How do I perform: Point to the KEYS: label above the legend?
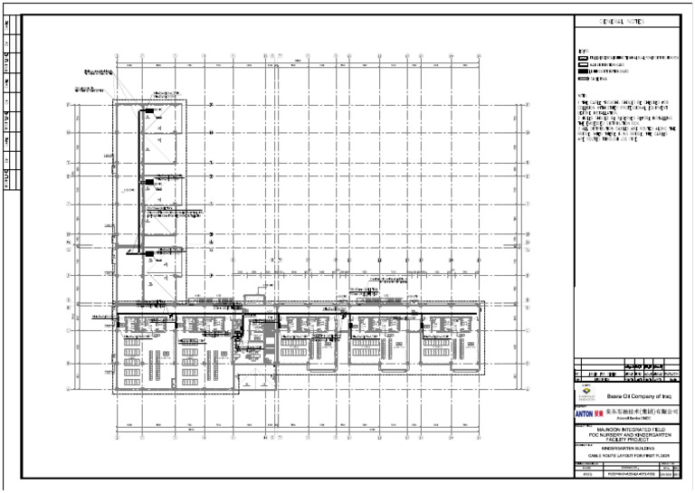coord(580,50)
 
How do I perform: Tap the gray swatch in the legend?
coord(583,79)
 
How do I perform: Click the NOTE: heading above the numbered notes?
coord(581,93)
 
